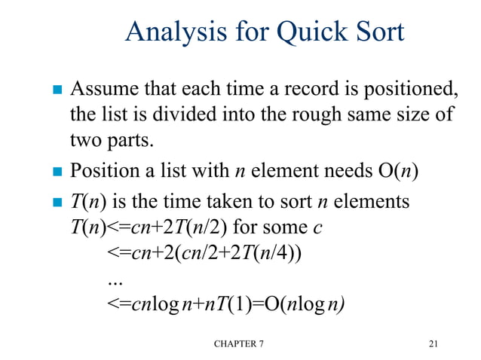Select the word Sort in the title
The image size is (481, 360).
coord(378,32)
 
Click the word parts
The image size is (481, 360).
coord(131,140)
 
